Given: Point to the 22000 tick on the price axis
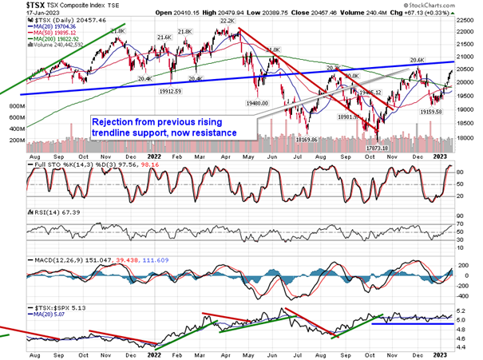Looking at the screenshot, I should [x=466, y=33].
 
